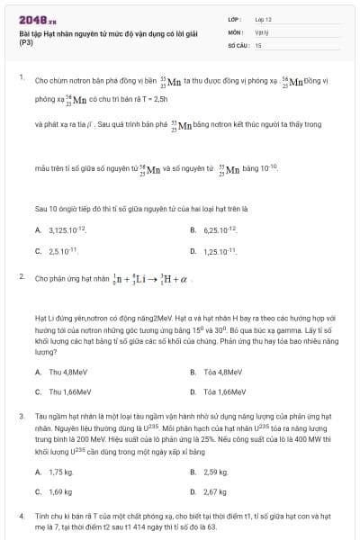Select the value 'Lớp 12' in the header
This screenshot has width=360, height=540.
(264, 18)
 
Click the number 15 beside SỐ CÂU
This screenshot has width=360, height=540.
(258, 43)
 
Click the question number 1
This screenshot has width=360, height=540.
(21, 77)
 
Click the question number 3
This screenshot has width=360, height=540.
(21, 417)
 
